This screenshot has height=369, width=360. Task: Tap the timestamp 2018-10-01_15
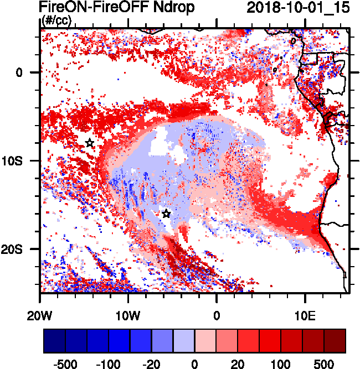pyautogui.click(x=294, y=8)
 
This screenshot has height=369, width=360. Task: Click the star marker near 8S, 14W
pyautogui.click(x=90, y=143)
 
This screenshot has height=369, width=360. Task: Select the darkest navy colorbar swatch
pyautogui.click(x=54, y=341)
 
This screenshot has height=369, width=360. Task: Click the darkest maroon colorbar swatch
pyautogui.click(x=335, y=341)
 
